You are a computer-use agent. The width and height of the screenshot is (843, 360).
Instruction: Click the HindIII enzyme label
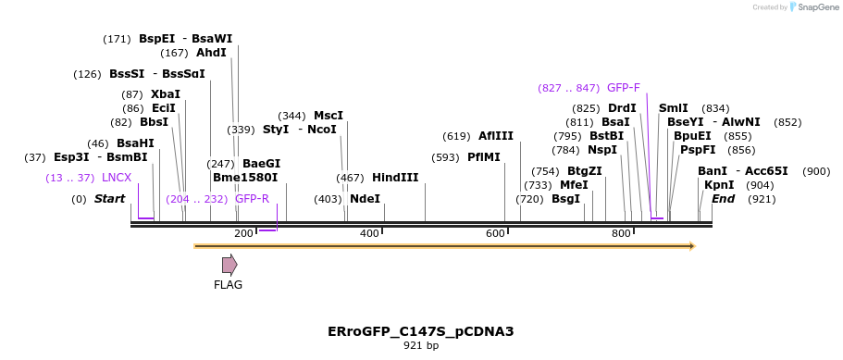(x=395, y=178)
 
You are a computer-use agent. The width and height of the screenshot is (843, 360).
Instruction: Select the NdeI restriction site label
(x=365, y=199)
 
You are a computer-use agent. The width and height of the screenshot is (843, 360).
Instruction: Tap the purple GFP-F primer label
(x=623, y=88)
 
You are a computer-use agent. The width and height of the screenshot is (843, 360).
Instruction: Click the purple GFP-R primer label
(x=252, y=199)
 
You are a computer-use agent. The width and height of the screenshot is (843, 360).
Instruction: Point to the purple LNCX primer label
(x=117, y=178)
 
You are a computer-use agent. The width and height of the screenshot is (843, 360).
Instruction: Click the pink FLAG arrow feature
(x=229, y=265)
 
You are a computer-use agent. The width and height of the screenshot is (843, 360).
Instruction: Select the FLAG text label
(x=228, y=285)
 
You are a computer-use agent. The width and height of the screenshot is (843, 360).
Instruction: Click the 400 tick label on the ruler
(x=369, y=234)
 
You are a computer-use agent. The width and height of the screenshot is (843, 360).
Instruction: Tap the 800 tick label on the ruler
(x=621, y=234)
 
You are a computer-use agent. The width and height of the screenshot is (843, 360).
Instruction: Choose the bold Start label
(x=109, y=199)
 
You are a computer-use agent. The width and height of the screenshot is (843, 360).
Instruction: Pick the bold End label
(x=724, y=199)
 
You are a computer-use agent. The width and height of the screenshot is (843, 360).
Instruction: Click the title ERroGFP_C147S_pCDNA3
(x=421, y=331)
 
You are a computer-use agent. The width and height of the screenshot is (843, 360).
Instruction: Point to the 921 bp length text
(x=421, y=346)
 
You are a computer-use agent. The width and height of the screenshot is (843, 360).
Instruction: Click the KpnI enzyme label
(x=719, y=185)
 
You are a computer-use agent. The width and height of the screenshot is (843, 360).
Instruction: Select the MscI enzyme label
(x=329, y=116)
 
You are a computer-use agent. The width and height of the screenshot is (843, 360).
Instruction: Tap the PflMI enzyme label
(x=484, y=157)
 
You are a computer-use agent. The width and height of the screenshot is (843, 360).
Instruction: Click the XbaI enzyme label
(x=166, y=94)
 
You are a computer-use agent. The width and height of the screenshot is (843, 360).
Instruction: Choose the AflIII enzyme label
(x=496, y=136)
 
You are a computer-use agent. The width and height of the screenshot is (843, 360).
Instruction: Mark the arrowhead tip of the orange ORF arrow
(x=694, y=246)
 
